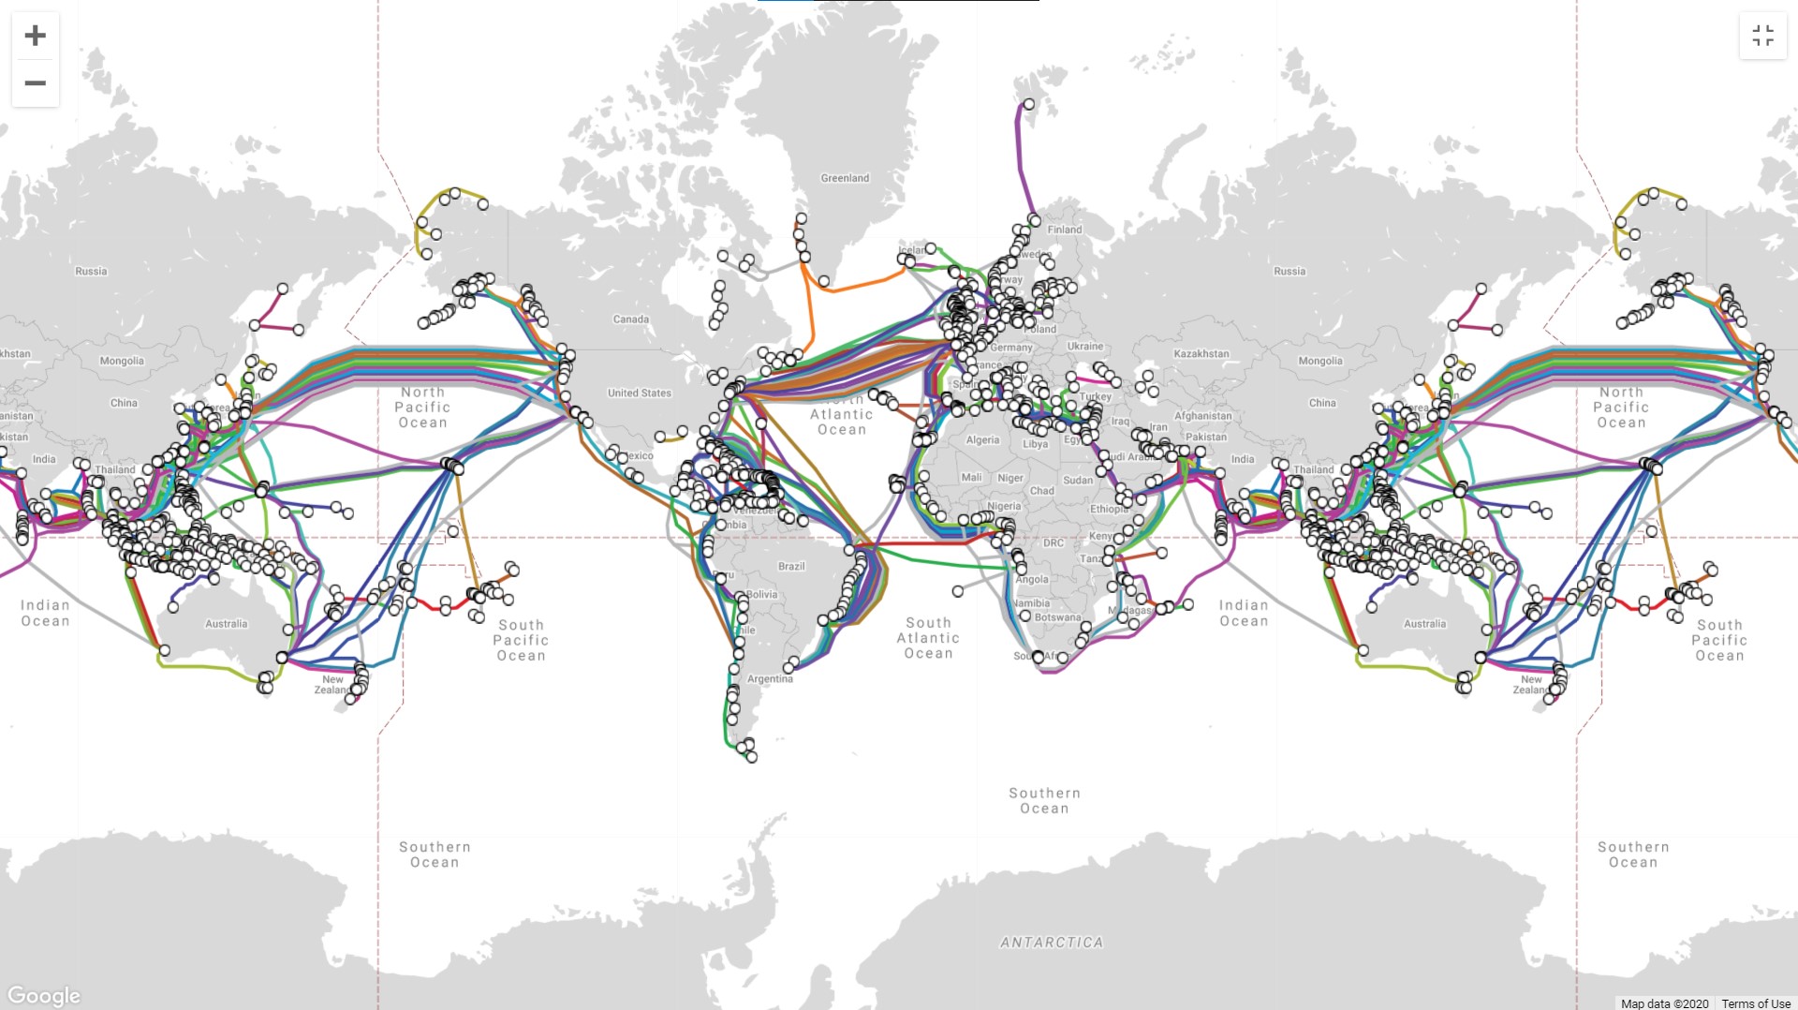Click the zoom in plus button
click(x=35, y=36)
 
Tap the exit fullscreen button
click(x=1762, y=36)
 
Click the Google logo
click(x=44, y=995)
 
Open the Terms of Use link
click(x=1756, y=1003)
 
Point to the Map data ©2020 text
click(x=1664, y=1003)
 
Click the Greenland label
click(x=845, y=178)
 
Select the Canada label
click(x=631, y=319)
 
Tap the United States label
click(x=640, y=394)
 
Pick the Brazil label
click(x=791, y=567)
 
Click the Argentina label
click(x=770, y=679)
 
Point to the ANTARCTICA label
click(x=1052, y=943)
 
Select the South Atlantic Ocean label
click(x=928, y=638)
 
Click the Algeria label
click(x=982, y=440)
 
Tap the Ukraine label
click(x=1085, y=347)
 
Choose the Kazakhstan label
click(x=1201, y=354)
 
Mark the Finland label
click(x=1065, y=230)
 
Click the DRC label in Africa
click(x=1054, y=543)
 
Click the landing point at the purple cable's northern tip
click(x=1028, y=104)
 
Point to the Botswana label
click(x=1058, y=617)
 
